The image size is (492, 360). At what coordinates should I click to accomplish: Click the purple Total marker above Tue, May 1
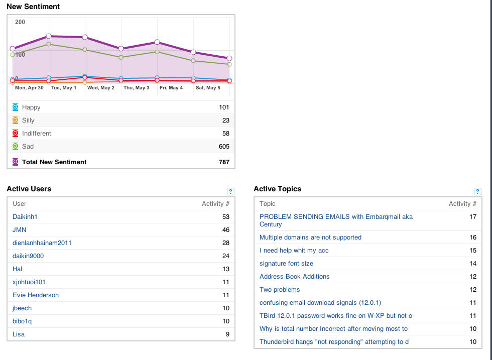49,36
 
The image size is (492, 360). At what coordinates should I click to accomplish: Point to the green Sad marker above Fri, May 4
157,52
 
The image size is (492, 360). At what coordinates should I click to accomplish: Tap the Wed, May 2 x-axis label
101,88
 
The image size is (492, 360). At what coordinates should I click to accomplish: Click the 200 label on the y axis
20,22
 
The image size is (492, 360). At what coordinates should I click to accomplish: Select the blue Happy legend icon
16,107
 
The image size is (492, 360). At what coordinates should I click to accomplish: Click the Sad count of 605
224,147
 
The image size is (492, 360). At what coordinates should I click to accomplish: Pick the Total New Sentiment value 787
224,162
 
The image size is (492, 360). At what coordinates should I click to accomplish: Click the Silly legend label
28,121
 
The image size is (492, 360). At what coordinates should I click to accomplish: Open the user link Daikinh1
25,217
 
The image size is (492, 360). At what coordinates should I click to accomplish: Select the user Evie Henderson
36,295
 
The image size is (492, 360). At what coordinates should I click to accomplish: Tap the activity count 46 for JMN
225,230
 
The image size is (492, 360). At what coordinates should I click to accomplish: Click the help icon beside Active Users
230,191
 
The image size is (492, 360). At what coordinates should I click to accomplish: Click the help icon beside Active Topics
477,191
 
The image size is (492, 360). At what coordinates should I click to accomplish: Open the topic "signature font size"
286,264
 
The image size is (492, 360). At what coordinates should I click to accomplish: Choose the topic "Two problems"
280,290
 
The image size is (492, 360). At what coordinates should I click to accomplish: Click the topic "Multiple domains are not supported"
310,237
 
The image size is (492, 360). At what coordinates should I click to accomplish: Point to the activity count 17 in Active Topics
473,217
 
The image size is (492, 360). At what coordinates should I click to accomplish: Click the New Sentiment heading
33,7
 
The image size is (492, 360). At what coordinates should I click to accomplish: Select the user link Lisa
19,334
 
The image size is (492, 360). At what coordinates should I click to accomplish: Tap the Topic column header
267,204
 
